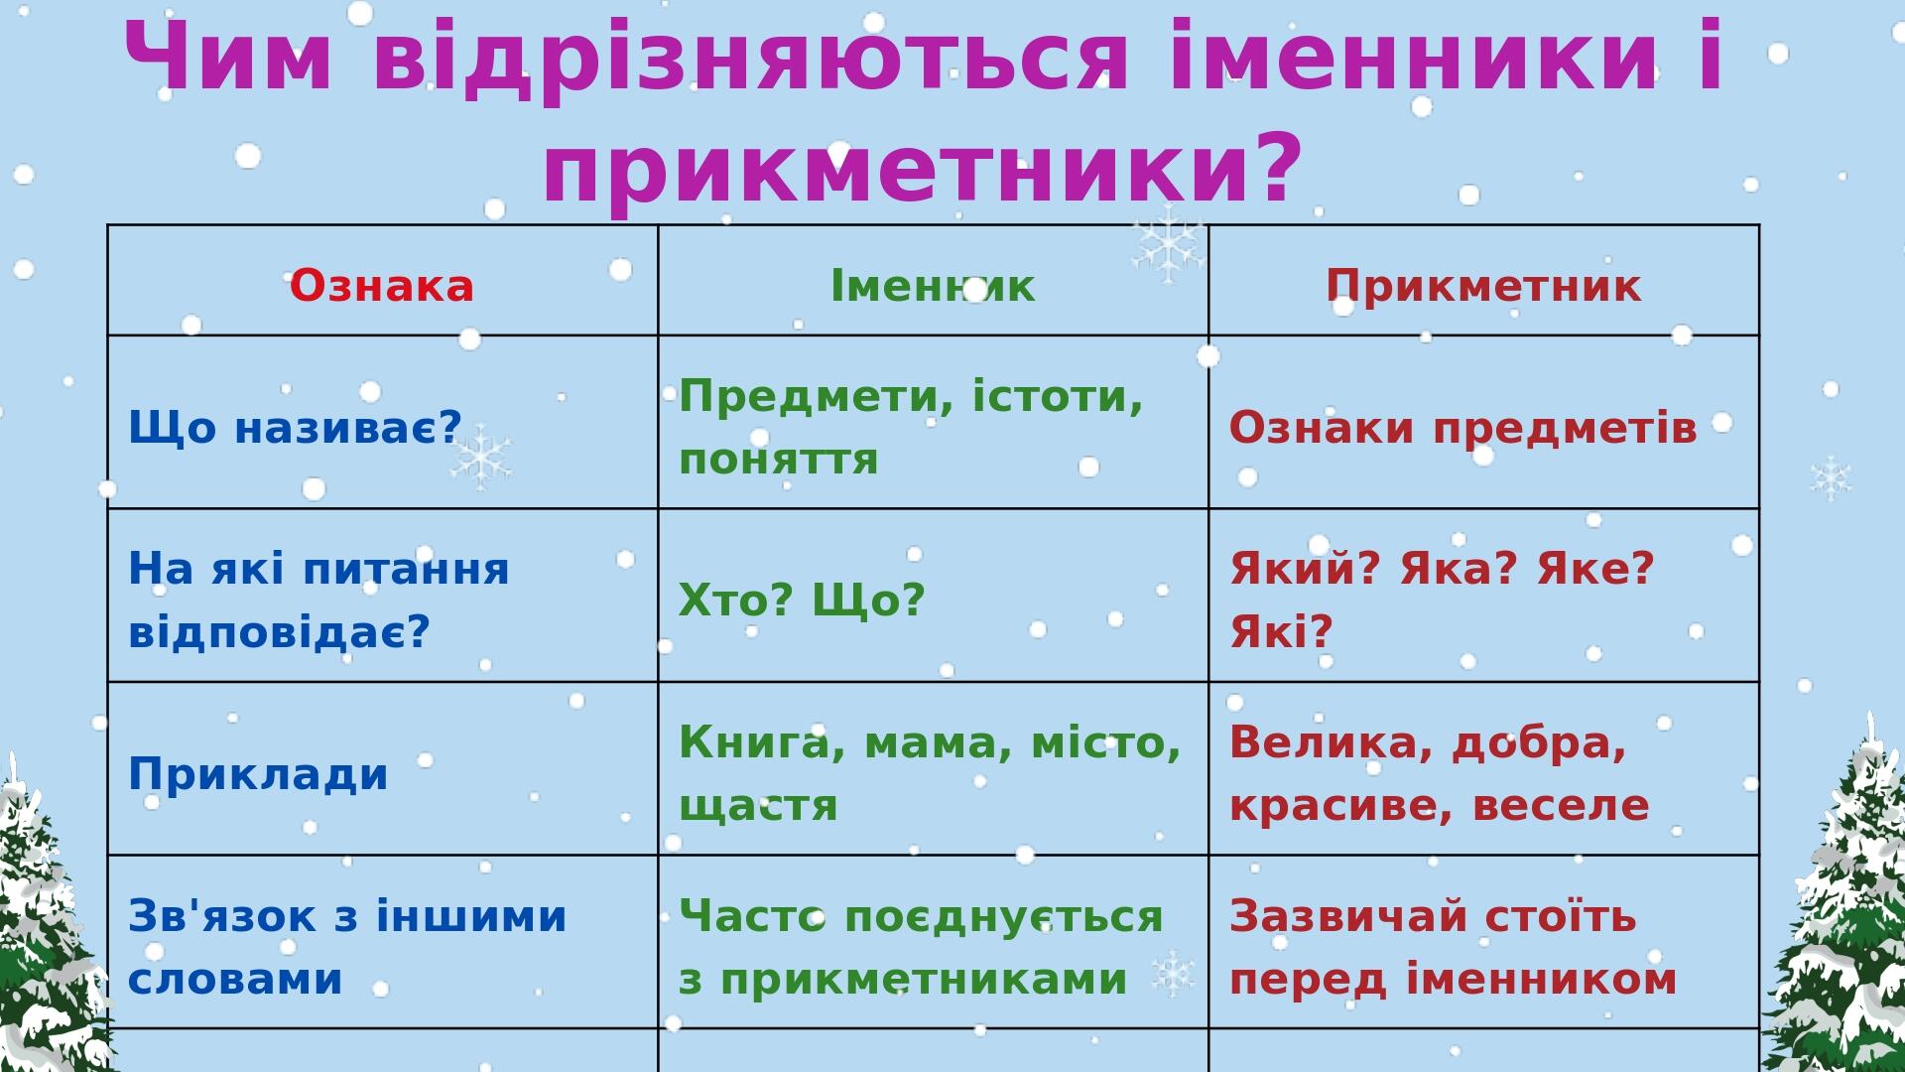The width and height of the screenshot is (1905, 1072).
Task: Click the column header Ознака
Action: [x=382, y=286]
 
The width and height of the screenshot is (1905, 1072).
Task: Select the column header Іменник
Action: [x=933, y=286]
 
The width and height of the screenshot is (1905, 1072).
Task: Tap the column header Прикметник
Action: [x=1483, y=286]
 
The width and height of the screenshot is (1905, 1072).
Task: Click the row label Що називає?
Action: [x=296, y=428]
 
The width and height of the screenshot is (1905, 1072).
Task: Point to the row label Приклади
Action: [x=258, y=774]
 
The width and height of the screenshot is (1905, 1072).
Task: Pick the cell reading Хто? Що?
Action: [x=802, y=600]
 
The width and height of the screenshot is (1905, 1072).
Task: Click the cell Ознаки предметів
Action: [x=1463, y=428]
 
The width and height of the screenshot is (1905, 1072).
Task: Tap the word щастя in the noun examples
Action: [x=758, y=806]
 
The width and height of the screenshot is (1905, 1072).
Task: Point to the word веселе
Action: [x=1561, y=806]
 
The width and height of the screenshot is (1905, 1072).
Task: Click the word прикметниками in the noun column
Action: [x=924, y=980]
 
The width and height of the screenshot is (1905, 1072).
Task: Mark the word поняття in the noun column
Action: [x=779, y=460]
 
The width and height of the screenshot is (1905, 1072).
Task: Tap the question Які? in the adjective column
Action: [x=1281, y=631]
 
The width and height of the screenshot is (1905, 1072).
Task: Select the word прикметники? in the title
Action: [x=922, y=167]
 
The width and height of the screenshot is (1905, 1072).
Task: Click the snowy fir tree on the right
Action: [x=1845, y=903]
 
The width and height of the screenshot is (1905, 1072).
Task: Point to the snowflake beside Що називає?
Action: [x=481, y=458]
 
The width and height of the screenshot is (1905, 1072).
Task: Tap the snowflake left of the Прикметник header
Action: [x=1168, y=243]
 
